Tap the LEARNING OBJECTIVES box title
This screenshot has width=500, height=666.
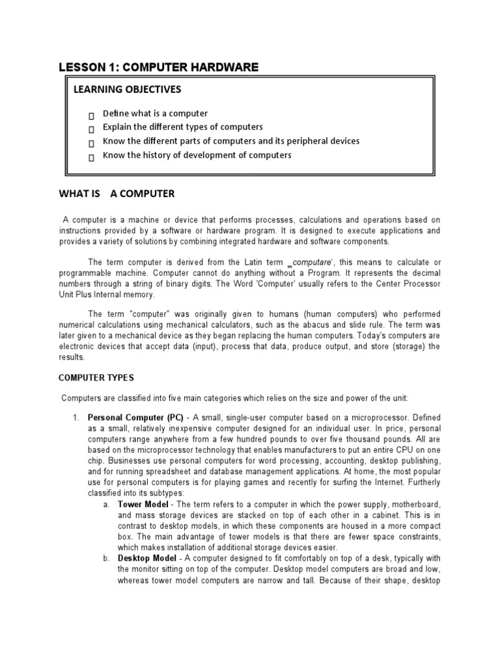tap(127, 89)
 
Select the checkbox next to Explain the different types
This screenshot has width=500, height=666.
tap(92, 129)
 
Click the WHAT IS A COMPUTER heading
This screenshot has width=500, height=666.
tap(117, 194)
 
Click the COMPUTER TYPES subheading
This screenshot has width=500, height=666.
tap(96, 377)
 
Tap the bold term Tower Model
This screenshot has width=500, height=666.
tap(143, 504)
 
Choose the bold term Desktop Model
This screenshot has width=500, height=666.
tap(146, 558)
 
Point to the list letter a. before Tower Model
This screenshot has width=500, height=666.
tap(106, 504)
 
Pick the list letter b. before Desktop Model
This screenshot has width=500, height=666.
tap(106, 558)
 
